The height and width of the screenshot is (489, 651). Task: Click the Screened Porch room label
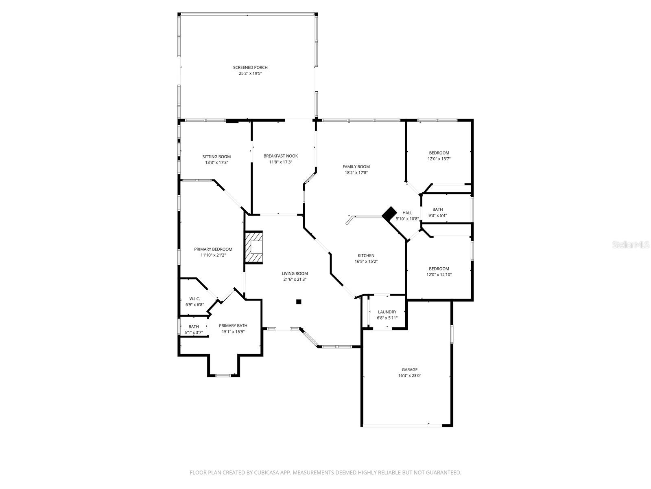tap(250, 68)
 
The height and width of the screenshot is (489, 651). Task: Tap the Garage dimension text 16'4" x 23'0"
tap(409, 376)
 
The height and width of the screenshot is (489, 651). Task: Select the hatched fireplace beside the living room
tap(253, 247)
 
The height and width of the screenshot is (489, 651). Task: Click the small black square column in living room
tap(299, 302)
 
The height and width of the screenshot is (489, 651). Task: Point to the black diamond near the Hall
tap(389, 213)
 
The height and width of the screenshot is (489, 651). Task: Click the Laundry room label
tap(387, 312)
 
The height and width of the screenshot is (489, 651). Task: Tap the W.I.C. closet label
tap(194, 299)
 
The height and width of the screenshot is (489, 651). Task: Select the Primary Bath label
tap(233, 326)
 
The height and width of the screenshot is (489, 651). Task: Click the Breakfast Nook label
tap(280, 156)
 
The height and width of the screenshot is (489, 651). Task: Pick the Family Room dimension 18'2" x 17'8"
tap(356, 172)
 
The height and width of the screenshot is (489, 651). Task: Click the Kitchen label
tap(366, 256)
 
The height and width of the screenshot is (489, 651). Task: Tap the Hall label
tap(407, 213)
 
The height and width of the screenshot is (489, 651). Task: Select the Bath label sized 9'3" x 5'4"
tap(437, 209)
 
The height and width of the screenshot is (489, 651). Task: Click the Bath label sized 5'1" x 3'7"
tap(194, 327)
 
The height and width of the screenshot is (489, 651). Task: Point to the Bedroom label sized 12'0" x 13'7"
tap(439, 153)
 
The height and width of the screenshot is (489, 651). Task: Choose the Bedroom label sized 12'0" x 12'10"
tap(439, 269)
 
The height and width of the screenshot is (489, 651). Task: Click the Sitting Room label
tap(216, 157)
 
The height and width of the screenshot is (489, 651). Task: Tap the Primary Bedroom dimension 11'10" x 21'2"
tap(213, 255)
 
